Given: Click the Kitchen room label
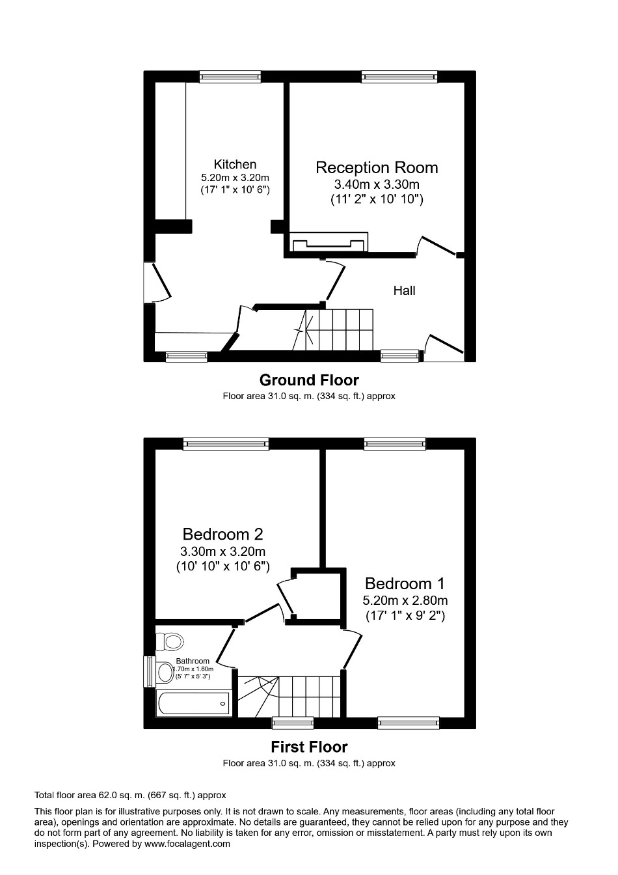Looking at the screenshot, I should pyautogui.click(x=235, y=165).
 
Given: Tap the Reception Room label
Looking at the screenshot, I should pyautogui.click(x=377, y=167).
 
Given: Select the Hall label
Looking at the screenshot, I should pyautogui.click(x=404, y=290).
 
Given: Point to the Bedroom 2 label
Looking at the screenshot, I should pyautogui.click(x=222, y=535).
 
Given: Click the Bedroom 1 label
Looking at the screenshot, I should pyautogui.click(x=405, y=583).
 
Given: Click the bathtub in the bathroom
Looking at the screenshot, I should pyautogui.click(x=194, y=704).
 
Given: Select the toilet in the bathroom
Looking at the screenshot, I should pyautogui.click(x=170, y=642).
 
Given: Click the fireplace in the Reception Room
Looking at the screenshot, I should pyautogui.click(x=329, y=243).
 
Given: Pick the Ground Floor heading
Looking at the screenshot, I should pyautogui.click(x=309, y=380).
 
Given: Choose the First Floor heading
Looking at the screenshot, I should pyautogui.click(x=309, y=747).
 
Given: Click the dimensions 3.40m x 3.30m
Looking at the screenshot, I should pyautogui.click(x=377, y=185).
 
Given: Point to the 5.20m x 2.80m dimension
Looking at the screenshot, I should pyautogui.click(x=405, y=600).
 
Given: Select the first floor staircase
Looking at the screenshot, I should pyautogui.click(x=289, y=695).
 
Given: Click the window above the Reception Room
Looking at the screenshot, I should pyautogui.click(x=399, y=77).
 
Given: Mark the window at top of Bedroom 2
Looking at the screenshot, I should pyautogui.click(x=226, y=444).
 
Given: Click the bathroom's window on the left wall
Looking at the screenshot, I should pyautogui.click(x=148, y=671).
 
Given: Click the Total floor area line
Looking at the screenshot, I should pyautogui.click(x=129, y=795).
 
